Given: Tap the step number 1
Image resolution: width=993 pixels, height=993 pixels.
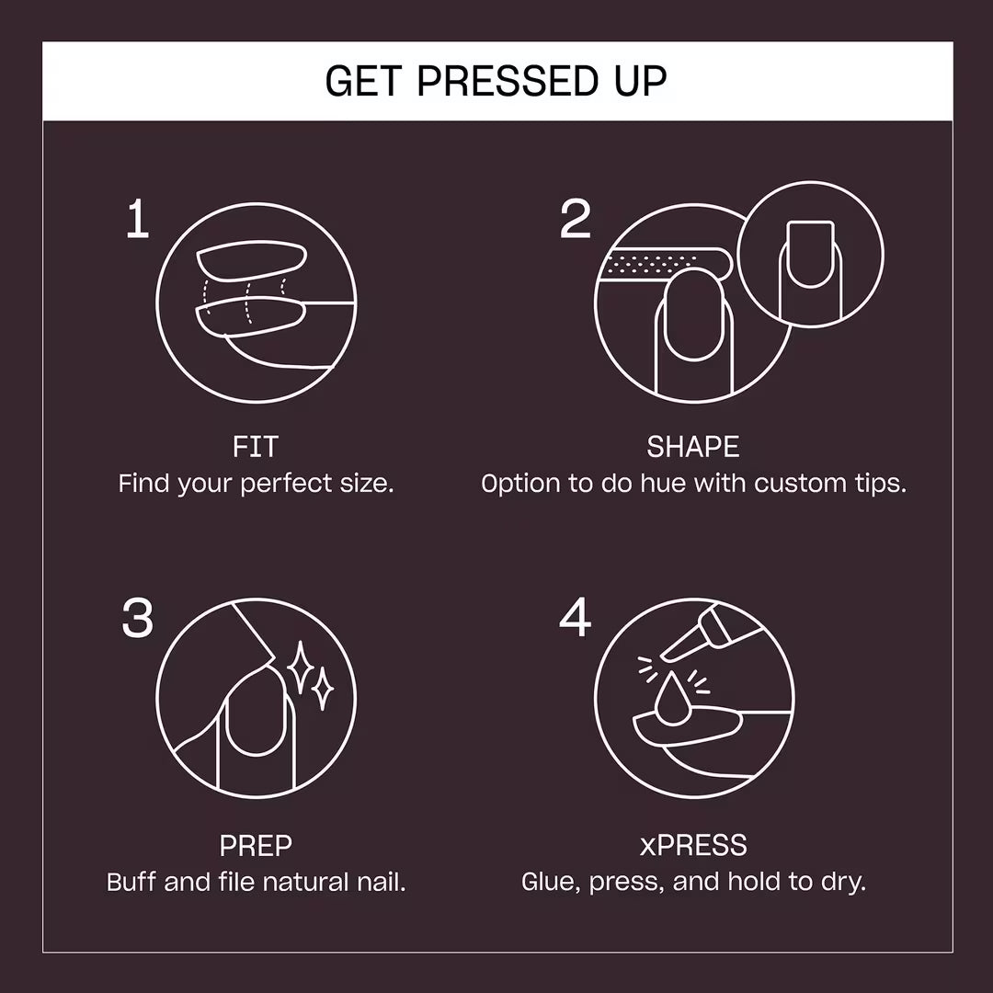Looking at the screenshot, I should (x=137, y=221).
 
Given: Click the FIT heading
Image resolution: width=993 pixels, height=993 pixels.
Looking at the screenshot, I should (x=256, y=448).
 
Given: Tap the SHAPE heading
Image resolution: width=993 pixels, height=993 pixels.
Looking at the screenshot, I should (x=693, y=448).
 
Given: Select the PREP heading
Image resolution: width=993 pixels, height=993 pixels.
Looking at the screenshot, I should (x=256, y=845).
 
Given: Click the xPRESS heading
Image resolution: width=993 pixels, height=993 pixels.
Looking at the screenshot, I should (x=693, y=845).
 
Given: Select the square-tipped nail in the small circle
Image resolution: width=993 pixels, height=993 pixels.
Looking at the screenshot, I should (x=810, y=252).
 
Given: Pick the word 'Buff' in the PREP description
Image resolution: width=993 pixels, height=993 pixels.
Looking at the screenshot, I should (x=131, y=883).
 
